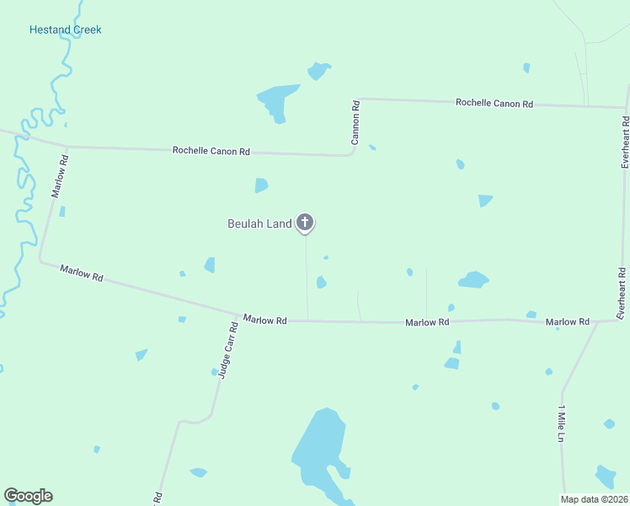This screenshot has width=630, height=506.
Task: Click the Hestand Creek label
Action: (65, 30)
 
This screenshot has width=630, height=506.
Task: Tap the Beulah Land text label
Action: (259, 223)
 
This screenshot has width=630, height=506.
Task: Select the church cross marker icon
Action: (305, 223)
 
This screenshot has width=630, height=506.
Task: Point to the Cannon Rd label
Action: (355, 123)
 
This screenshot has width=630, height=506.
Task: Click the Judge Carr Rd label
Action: (224, 349)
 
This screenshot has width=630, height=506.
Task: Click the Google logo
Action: (28, 496)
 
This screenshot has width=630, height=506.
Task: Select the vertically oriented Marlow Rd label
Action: (58, 175)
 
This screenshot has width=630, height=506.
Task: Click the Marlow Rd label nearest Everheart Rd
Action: (567, 322)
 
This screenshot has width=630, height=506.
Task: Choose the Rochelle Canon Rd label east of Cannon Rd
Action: (494, 103)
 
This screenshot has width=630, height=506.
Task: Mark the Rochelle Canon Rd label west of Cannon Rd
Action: (211, 151)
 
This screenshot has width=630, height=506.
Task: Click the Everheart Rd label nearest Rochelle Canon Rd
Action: (625, 142)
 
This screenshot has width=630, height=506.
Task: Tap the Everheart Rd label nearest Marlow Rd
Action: (622, 293)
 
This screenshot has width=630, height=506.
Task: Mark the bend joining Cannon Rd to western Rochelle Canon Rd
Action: (351, 153)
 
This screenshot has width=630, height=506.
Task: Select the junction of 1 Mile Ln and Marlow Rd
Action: (597, 321)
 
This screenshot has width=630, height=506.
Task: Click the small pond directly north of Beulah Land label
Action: (261, 185)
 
